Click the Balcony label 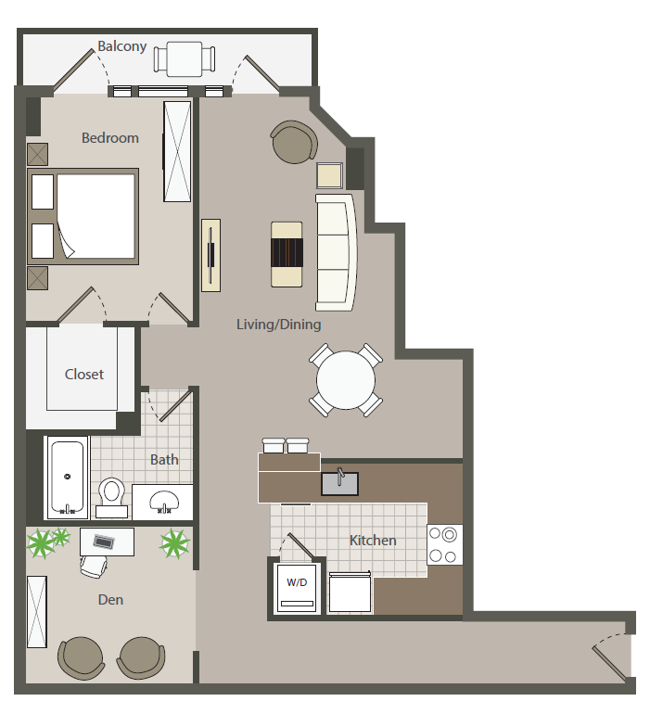[x=122, y=45]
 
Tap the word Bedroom [x=110, y=138]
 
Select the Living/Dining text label [x=278, y=325]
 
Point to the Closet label [x=84, y=375]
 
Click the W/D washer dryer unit [x=297, y=587]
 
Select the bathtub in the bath [x=68, y=477]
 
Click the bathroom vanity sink [x=164, y=501]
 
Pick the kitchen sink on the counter [x=340, y=482]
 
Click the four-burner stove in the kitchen [x=444, y=544]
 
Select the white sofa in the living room [x=336, y=251]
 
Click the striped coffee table [x=287, y=253]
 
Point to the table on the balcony [x=185, y=58]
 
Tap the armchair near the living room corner [x=294, y=142]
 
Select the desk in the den [x=107, y=541]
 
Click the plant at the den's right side [x=173, y=543]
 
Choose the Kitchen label [x=373, y=541]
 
